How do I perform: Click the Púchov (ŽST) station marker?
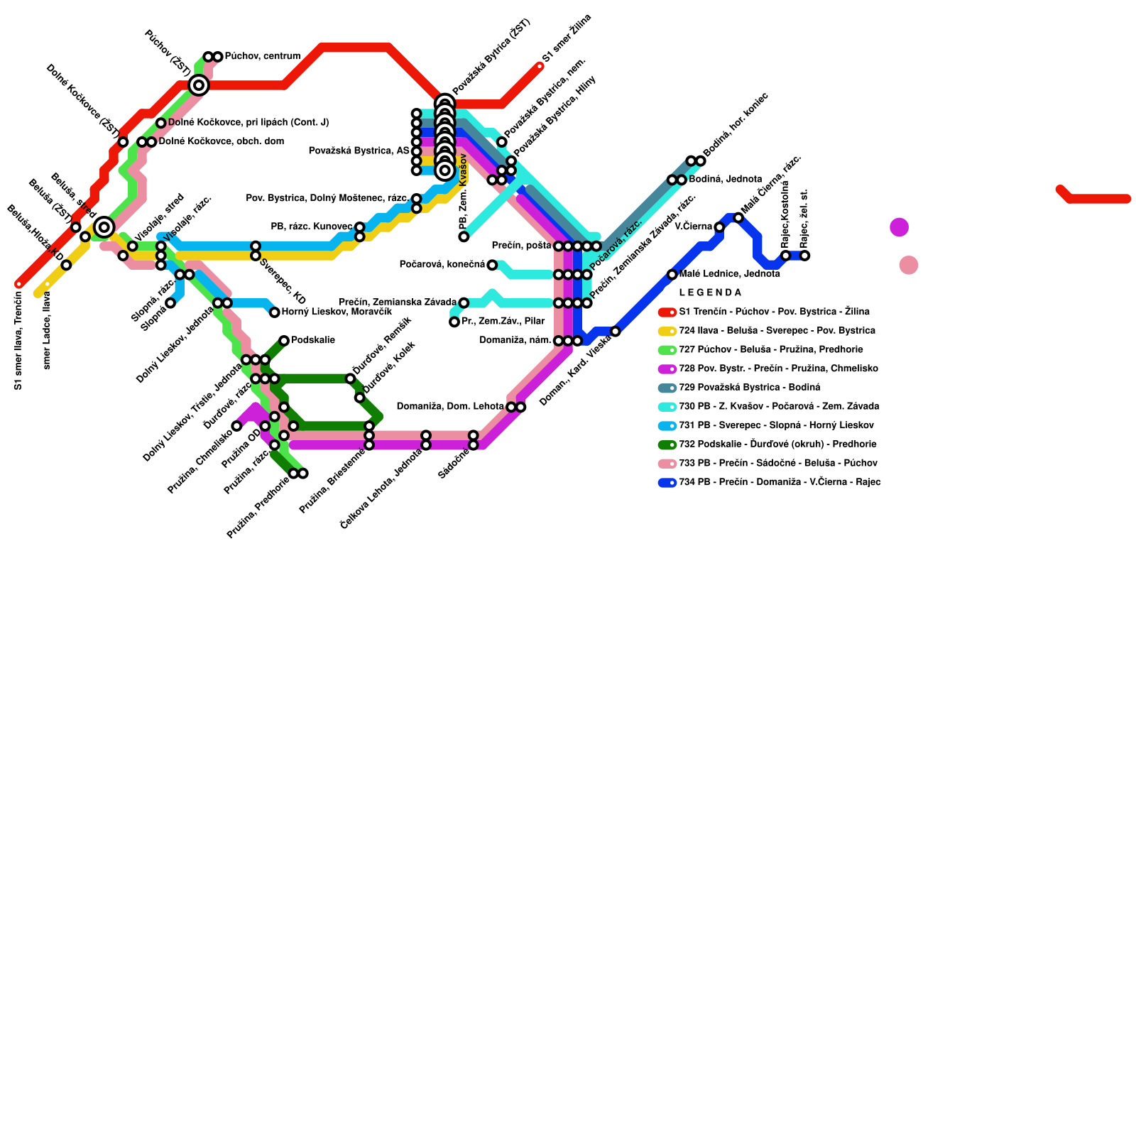[x=199, y=85]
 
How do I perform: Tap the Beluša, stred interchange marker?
[x=104, y=227]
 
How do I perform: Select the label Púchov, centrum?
[x=262, y=56]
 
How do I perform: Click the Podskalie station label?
[x=312, y=340]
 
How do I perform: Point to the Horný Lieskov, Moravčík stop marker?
[x=275, y=312]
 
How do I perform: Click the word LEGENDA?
[x=710, y=293]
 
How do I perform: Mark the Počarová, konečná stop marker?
[x=492, y=265]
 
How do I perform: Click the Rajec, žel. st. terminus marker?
[x=804, y=256]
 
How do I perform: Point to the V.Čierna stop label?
[x=693, y=226]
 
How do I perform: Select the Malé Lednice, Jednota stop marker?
[x=672, y=275]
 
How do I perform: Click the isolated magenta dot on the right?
[x=899, y=227]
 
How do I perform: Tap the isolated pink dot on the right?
[x=908, y=265]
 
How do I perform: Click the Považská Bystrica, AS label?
[x=359, y=151]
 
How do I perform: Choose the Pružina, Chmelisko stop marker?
[x=236, y=426]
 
